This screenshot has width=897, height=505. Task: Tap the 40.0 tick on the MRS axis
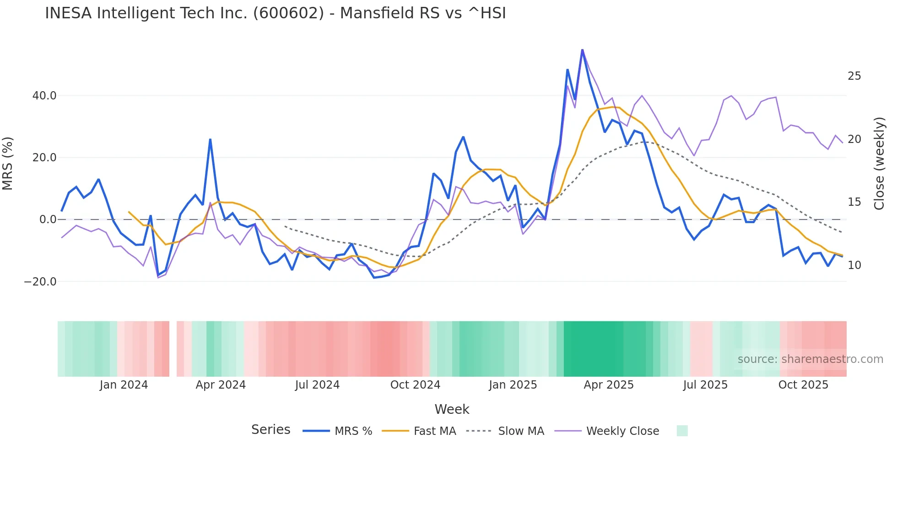click(44, 96)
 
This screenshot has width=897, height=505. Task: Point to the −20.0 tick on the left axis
click(40, 282)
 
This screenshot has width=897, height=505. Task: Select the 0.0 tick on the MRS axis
click(48, 220)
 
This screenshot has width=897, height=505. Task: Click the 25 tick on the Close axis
click(854, 76)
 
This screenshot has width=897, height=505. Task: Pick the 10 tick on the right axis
click(854, 265)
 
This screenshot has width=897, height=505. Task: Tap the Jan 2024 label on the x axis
click(124, 385)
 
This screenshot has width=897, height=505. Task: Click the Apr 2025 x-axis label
click(608, 385)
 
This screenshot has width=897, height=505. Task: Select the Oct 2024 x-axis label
click(415, 385)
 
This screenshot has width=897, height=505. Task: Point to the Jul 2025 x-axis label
click(705, 385)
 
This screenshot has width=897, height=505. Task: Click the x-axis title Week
click(452, 409)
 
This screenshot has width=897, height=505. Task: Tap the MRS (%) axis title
click(8, 164)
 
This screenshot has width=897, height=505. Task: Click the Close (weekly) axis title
click(879, 164)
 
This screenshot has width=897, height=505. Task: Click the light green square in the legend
click(682, 431)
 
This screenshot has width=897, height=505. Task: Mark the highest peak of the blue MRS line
click(582, 49)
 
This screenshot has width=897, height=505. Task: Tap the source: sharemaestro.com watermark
click(810, 359)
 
